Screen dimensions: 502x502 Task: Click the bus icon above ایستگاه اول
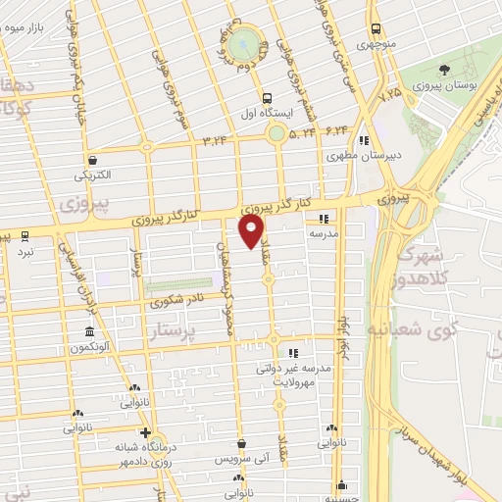click(x=267, y=97)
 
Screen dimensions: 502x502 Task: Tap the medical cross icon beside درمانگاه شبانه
click(x=144, y=431)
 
